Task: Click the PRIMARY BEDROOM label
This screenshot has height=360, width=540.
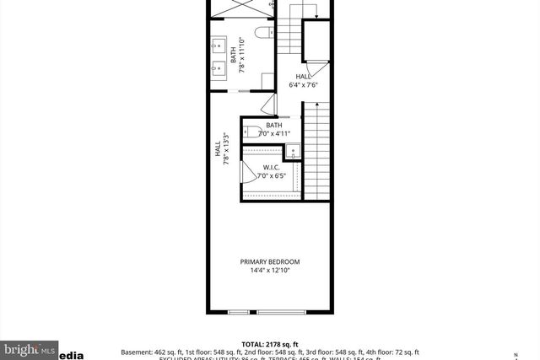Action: click(269, 262)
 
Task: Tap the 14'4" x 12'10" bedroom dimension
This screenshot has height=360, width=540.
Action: click(269, 271)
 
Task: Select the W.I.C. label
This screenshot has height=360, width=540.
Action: click(271, 167)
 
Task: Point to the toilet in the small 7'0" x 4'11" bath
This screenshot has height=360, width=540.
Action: click(252, 132)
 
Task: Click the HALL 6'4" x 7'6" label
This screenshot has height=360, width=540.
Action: click(303, 80)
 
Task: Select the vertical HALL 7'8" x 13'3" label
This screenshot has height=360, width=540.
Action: click(221, 149)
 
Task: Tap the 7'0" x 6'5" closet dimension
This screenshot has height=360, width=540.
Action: click(272, 176)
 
